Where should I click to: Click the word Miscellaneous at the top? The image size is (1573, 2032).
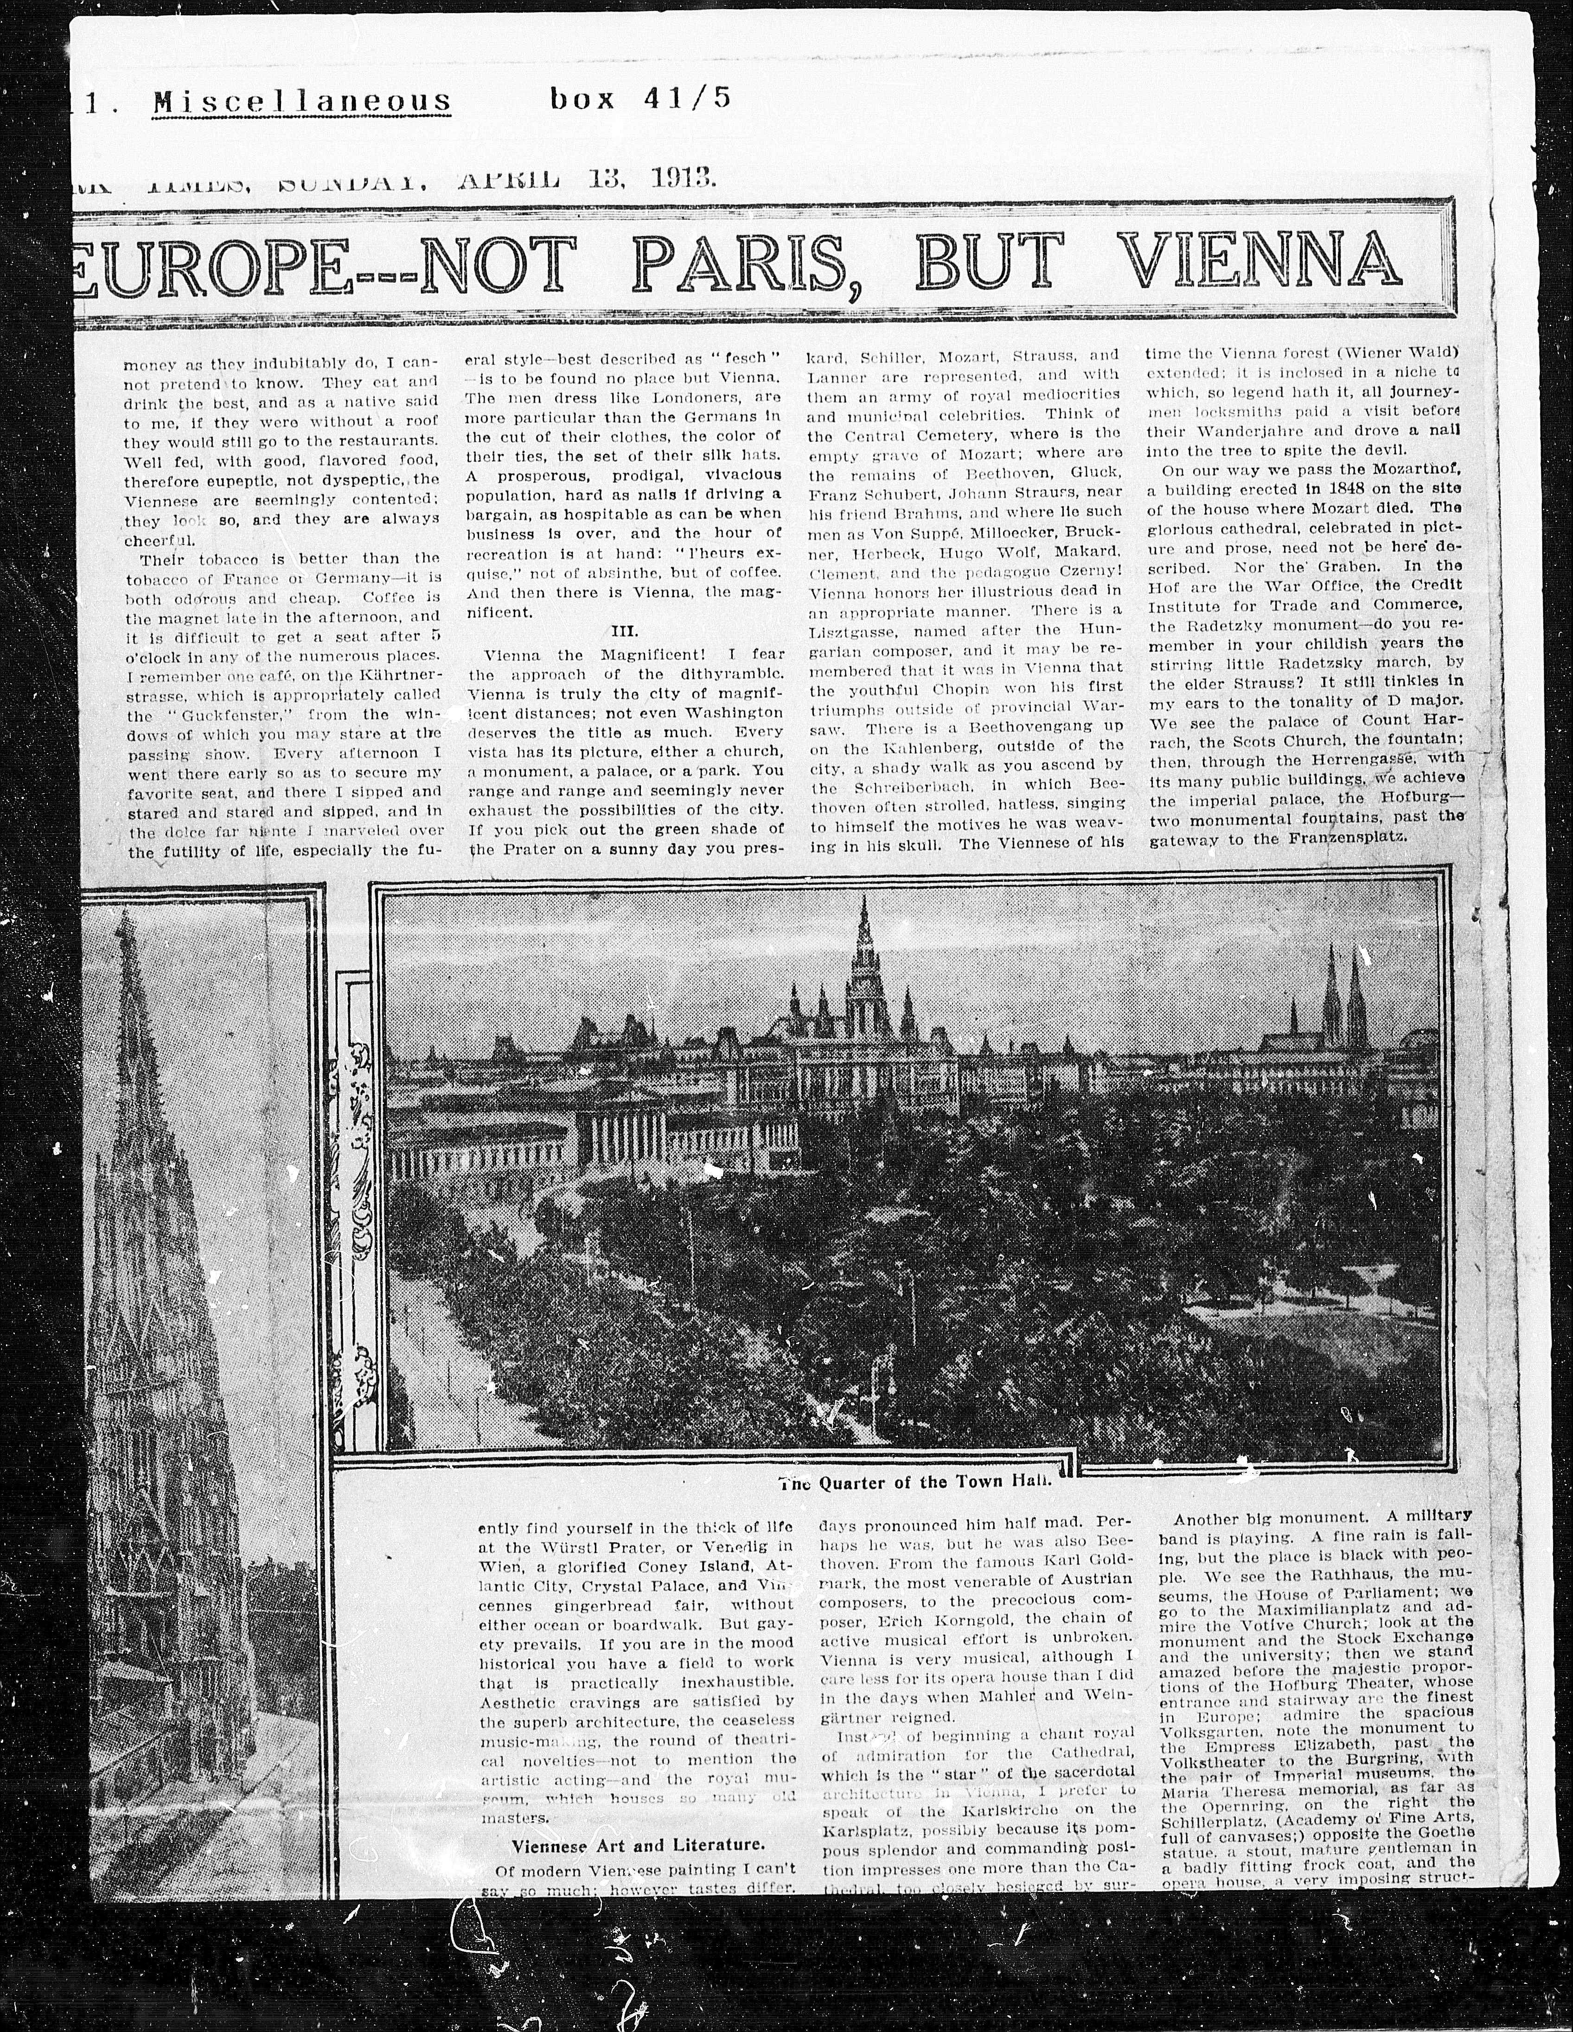click(x=302, y=100)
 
